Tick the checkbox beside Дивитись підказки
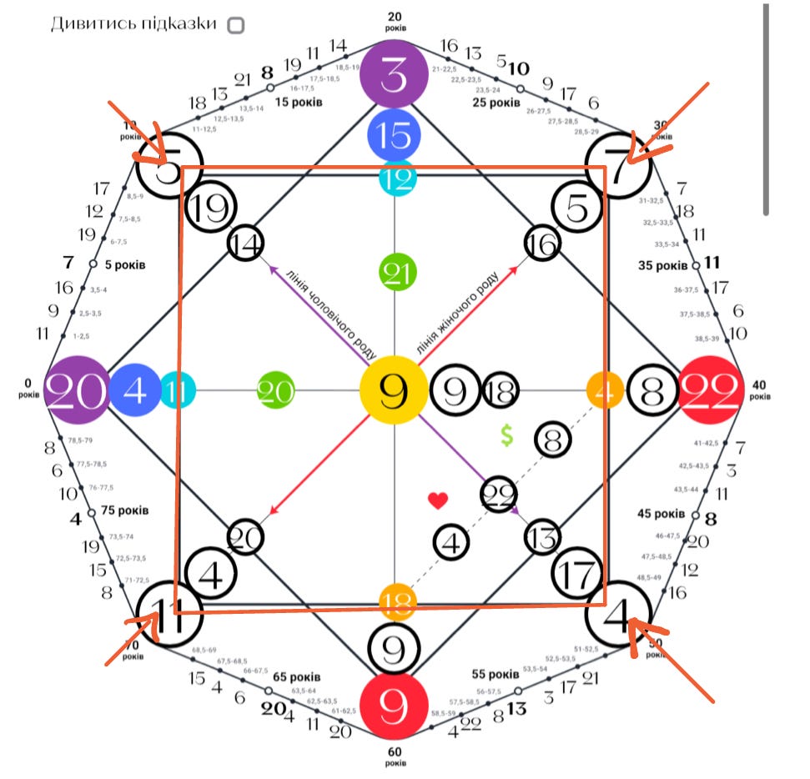tap(237, 25)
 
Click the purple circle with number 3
tap(395, 76)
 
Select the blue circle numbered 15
tap(395, 135)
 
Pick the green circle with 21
tap(398, 272)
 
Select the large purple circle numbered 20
tap(76, 390)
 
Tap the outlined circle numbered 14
tap(246, 244)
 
